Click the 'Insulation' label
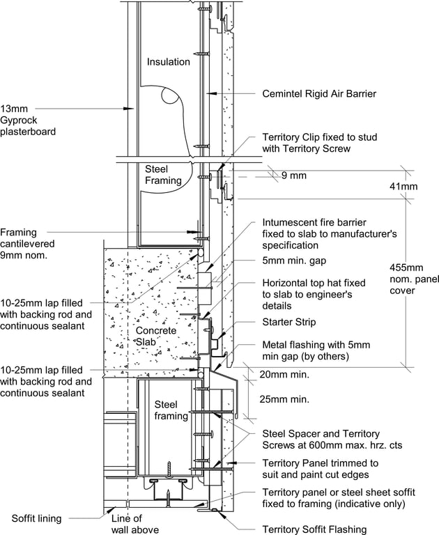tap(168, 62)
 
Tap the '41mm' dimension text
tap(403, 187)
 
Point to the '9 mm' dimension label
tap(293, 176)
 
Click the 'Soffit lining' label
tap(36, 518)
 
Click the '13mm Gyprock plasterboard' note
tap(28, 120)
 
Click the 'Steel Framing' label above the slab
tap(163, 175)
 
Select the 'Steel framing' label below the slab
tap(171, 410)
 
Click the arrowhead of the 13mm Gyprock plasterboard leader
tap(133, 109)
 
